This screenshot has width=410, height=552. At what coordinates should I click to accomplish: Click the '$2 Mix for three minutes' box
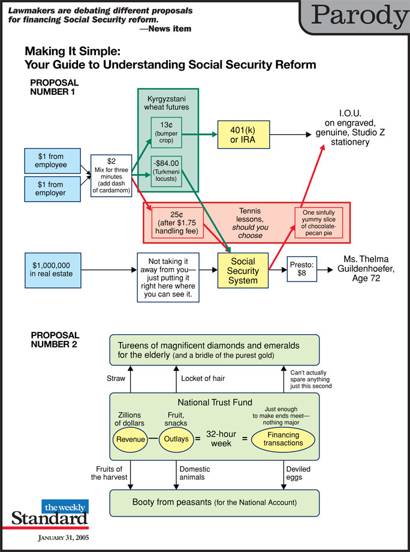pyautogui.click(x=111, y=175)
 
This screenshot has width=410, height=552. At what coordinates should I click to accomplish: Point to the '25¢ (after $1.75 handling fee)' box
pyautogui.click(x=176, y=223)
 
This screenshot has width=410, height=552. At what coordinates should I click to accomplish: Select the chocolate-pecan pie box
pyautogui.click(x=319, y=223)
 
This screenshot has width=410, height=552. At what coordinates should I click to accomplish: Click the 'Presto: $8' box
pyautogui.click(x=302, y=271)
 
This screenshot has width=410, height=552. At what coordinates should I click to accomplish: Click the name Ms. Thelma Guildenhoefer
pyautogui.click(x=367, y=269)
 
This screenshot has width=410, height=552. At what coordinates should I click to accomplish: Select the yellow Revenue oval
pyautogui.click(x=131, y=439)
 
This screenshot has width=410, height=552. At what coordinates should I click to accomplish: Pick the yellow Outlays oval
pyautogui.click(x=176, y=439)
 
